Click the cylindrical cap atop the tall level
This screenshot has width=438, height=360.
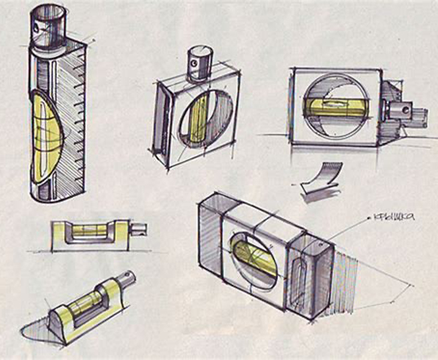click(49, 27)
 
